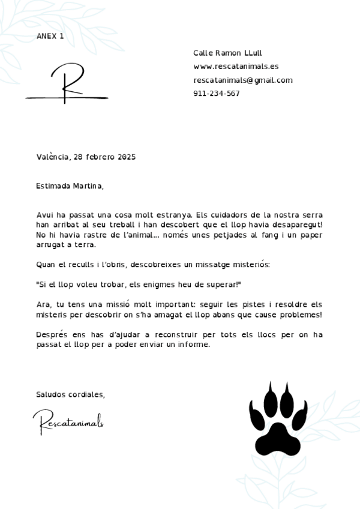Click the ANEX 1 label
click(50, 36)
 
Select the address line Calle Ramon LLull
click(227, 53)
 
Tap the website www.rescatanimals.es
click(236, 67)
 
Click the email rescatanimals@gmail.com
click(243, 80)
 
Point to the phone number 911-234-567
click(217, 94)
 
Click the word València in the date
click(53, 157)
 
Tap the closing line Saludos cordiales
click(70, 394)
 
